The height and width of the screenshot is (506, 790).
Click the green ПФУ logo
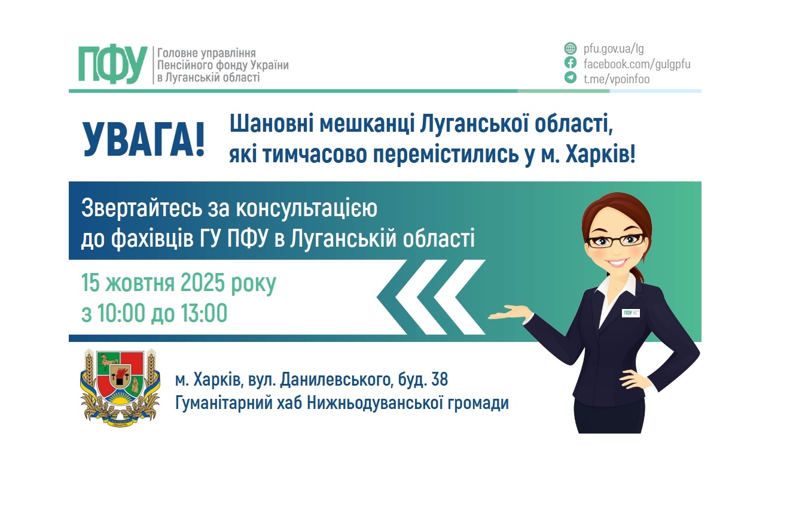point(112,64)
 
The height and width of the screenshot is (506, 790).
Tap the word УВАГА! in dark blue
point(144,139)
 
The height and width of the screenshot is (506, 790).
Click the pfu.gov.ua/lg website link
point(613,49)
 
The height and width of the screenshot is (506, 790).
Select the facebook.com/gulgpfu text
point(637,64)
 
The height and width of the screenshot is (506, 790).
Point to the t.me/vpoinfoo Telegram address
point(617,78)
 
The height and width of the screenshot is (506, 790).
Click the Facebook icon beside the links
point(571,63)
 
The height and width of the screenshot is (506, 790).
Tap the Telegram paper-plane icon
point(571,78)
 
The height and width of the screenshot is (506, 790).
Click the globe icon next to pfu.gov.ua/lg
point(571,49)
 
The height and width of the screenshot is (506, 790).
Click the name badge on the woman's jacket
point(630,313)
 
